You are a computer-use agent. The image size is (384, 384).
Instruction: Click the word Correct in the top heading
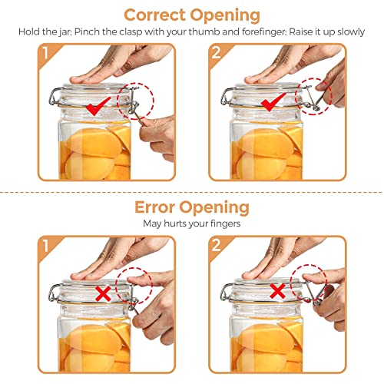tap(155, 15)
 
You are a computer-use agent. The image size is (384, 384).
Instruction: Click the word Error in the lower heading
tap(154, 207)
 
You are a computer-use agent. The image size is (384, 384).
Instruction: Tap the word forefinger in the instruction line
tap(262, 32)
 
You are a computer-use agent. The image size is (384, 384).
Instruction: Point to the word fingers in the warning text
tap(226, 223)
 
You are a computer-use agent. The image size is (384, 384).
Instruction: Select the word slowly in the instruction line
tap(351, 32)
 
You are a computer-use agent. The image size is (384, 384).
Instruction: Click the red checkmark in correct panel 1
tap(98, 106)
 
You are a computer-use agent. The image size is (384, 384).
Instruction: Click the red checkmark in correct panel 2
tap(273, 102)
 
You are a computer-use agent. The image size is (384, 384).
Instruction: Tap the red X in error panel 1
tap(103, 293)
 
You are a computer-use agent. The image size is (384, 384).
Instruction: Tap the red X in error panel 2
tap(278, 291)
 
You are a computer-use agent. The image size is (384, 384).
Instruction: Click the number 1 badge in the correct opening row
tap(46, 53)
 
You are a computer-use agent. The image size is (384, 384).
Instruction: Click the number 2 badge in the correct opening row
tap(217, 53)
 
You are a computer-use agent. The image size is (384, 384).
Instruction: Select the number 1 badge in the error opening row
tap(46, 246)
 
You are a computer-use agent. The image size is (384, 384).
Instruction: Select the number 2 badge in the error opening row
tap(217, 245)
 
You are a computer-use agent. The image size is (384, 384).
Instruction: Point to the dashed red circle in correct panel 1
tap(154, 101)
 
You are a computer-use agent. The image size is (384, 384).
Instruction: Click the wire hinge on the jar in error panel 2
tap(224, 293)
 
